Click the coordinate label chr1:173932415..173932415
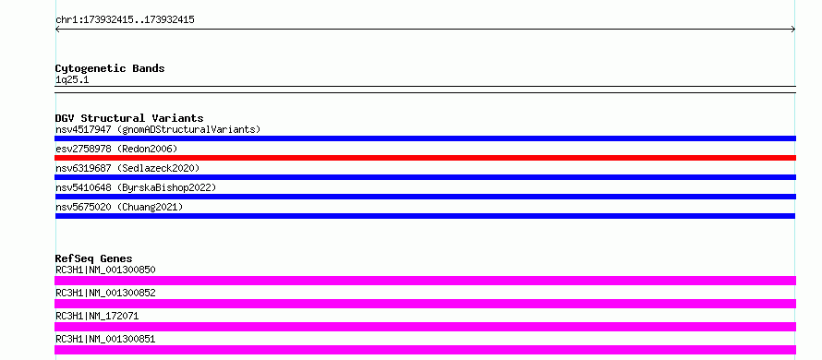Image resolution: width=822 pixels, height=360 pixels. point(125,20)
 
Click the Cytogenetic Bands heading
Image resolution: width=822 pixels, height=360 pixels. point(110,68)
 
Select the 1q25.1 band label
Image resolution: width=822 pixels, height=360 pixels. point(72,80)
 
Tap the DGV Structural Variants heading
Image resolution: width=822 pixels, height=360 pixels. point(129,118)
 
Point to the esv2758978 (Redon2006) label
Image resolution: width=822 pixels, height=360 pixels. point(116,149)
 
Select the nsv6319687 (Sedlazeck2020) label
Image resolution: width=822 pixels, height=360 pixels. point(127,168)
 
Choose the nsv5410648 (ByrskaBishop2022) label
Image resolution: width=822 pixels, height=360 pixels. point(136,187)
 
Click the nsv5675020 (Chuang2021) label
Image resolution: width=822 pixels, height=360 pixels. point(119,207)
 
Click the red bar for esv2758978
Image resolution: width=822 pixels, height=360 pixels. point(425,158)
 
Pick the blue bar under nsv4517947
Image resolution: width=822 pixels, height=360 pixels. point(425,138)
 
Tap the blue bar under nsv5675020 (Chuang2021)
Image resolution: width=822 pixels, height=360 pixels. point(425,216)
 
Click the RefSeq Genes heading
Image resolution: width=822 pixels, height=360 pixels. point(94,258)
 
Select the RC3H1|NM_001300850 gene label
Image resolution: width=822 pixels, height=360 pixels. point(105,270)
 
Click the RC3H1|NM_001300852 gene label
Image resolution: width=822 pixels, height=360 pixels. point(105,293)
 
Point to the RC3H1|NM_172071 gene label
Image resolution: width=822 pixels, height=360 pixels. point(97,316)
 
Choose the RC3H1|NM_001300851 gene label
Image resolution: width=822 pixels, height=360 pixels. point(105,339)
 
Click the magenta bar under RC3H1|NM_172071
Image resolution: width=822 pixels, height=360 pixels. point(425,327)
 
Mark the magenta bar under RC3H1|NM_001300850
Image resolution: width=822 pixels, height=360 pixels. point(425,281)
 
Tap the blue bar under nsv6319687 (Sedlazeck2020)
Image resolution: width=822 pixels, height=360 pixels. point(425,177)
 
